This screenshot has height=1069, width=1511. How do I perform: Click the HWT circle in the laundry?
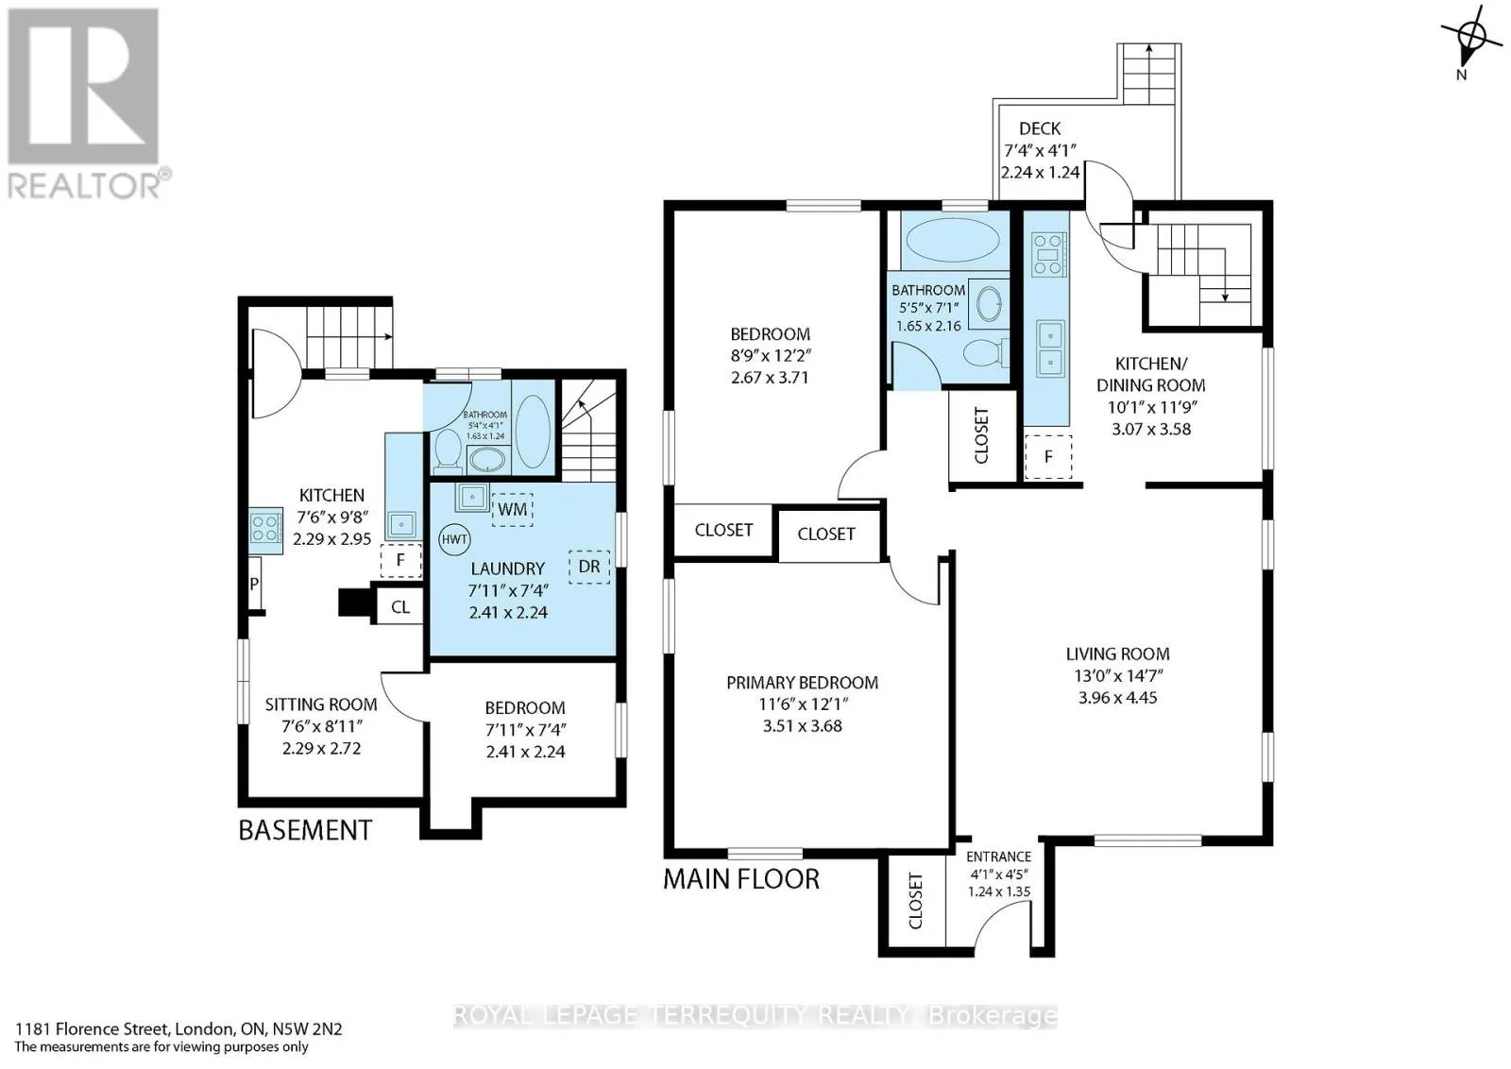[454, 539]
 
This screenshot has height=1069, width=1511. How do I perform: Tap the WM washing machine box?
[513, 509]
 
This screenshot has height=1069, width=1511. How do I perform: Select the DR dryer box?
[589, 567]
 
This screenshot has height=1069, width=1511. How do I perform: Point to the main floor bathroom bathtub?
[953, 240]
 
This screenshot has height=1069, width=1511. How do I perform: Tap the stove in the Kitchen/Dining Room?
[1048, 254]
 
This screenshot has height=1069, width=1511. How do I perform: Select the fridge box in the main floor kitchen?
[1048, 457]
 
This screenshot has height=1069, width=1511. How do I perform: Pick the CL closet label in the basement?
[400, 607]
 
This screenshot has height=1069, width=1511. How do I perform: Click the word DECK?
[1040, 128]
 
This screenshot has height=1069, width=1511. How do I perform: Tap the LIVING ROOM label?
[1118, 653]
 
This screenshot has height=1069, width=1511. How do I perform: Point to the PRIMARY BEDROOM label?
[802, 683]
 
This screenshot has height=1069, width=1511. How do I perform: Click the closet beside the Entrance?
[915, 901]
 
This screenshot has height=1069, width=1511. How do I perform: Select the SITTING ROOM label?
[321, 704]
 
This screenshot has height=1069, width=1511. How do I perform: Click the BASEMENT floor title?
[305, 830]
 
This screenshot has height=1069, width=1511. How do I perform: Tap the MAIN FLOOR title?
[741, 879]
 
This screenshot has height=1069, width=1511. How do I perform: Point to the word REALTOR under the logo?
[84, 186]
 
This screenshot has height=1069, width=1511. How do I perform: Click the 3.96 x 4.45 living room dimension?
[1118, 697]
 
